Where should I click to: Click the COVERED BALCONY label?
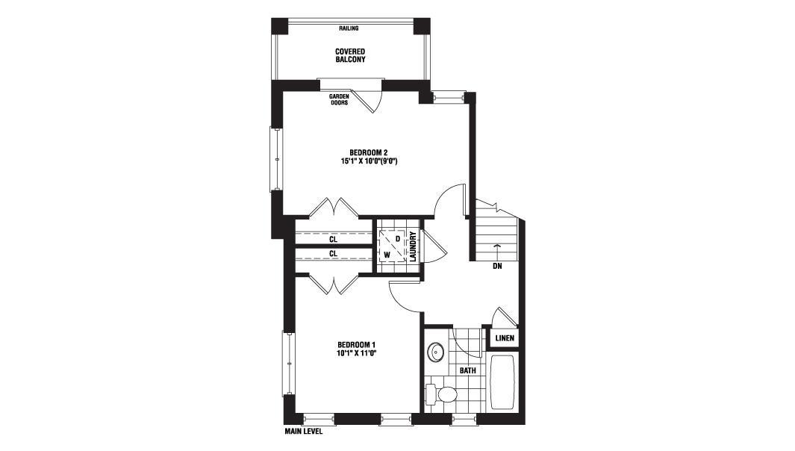tap(350, 55)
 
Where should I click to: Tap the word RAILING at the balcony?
tap(349, 28)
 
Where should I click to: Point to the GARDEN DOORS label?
tap(339, 99)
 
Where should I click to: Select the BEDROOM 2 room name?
tap(368, 152)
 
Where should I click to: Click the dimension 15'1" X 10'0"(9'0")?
tap(368, 161)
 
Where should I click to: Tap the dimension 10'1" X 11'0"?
tap(356, 353)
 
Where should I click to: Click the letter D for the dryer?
tap(398, 238)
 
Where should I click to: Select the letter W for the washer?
tap(387, 254)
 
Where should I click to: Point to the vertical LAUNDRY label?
tap(413, 246)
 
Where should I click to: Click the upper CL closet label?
tap(333, 239)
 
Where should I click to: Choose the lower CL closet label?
tap(333, 253)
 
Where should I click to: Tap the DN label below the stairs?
tap(497, 266)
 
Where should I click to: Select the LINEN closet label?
tap(505, 338)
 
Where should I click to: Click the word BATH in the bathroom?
tap(467, 371)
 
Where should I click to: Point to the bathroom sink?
tap(435, 351)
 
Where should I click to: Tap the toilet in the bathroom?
tap(442, 394)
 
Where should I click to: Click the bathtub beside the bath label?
tap(502, 382)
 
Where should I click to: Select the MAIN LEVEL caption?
tap(303, 432)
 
